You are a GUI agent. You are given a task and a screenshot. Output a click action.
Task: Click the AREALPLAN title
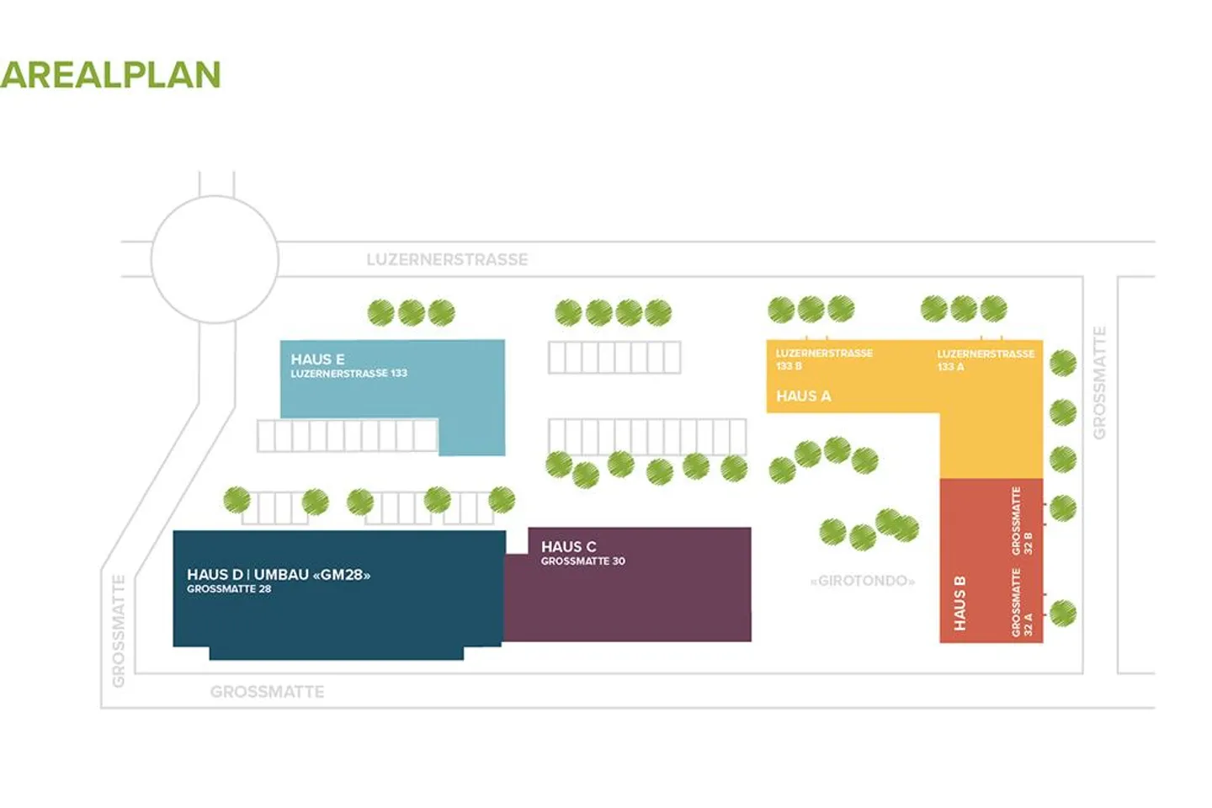tap(110, 75)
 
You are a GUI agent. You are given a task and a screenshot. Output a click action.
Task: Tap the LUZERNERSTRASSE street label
tap(447, 259)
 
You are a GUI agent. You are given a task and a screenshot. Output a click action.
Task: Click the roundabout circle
tap(215, 259)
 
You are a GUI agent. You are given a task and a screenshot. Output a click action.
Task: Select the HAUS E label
tap(317, 359)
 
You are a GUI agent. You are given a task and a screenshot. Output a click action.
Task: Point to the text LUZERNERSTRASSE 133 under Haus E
tap(348, 373)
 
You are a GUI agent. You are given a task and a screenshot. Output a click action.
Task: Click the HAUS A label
tap(803, 396)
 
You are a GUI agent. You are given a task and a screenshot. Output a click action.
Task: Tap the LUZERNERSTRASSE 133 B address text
tap(823, 359)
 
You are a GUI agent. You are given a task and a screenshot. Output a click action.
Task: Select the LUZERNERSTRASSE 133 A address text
tap(985, 359)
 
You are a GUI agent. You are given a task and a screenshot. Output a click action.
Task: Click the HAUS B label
tap(959, 603)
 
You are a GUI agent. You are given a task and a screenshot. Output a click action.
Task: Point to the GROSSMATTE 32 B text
tap(1021, 521)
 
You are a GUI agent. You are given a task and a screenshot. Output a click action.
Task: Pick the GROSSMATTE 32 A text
tap(1021, 603)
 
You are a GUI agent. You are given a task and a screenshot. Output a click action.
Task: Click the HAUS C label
tap(568, 546)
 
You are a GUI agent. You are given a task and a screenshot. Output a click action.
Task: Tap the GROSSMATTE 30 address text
tap(582, 561)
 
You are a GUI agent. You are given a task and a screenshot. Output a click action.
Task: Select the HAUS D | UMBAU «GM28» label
tap(279, 575)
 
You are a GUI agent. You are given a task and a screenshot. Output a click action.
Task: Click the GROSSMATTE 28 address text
tap(229, 589)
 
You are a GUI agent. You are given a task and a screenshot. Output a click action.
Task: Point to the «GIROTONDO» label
tap(862, 581)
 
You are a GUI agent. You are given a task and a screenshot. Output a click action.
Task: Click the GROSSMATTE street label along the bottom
tap(267, 692)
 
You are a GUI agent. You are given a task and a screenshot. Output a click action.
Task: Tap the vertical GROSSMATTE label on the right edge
tap(1099, 383)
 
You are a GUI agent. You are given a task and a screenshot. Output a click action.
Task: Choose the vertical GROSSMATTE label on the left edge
tap(119, 630)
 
